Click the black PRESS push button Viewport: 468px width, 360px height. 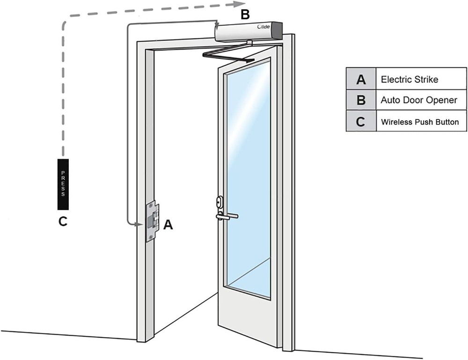63,184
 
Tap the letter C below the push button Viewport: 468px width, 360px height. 63,221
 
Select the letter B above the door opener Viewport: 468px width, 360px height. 245,15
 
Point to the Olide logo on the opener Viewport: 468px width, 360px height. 263,27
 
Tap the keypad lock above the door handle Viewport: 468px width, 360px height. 219,201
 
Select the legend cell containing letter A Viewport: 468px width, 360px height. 361,79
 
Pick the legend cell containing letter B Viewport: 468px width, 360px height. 361,100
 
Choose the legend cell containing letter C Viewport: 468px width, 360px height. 361,121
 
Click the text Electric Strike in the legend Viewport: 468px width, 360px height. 409,79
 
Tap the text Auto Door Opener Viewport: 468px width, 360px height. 419,100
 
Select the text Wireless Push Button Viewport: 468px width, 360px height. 420,122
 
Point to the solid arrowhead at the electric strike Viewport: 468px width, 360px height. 139,224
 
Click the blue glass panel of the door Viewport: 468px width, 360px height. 248,178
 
